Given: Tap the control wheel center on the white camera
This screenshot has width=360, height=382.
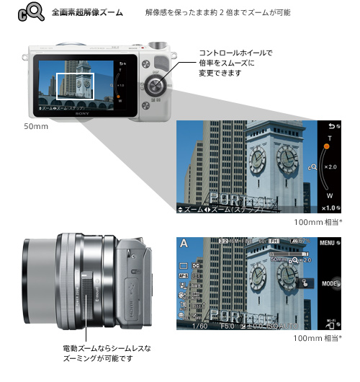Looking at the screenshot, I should click(154, 86).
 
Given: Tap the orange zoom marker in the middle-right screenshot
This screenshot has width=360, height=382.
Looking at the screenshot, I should click(325, 146).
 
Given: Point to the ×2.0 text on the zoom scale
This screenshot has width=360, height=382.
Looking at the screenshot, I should click(330, 167).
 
